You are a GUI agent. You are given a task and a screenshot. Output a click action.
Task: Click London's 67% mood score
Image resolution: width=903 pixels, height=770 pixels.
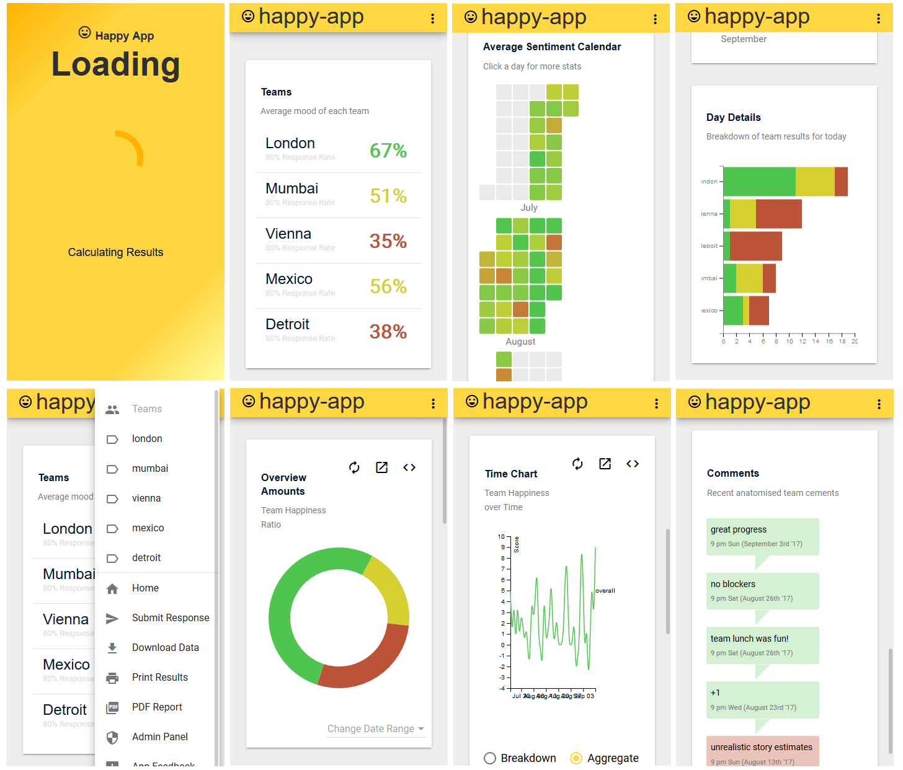[388, 151]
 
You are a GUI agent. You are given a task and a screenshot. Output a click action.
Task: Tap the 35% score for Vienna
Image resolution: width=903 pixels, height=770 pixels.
[388, 241]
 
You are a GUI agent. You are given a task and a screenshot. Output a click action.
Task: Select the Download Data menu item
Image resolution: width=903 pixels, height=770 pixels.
[165, 647]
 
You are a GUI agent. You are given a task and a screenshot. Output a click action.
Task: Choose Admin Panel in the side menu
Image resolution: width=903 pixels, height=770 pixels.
[159, 737]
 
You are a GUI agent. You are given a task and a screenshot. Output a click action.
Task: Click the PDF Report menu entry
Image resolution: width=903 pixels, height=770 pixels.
[157, 707]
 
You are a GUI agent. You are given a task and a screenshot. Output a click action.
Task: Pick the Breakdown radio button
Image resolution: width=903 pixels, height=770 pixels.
[490, 758]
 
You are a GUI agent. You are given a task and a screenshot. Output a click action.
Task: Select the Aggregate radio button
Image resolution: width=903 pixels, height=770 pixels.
[576, 758]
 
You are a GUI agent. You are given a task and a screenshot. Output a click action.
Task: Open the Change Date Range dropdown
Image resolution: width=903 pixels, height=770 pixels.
[375, 728]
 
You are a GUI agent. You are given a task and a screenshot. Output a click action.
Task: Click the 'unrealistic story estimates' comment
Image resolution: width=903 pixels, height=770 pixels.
[762, 751]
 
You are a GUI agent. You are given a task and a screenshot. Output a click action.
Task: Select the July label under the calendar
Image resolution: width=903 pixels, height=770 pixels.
[529, 208]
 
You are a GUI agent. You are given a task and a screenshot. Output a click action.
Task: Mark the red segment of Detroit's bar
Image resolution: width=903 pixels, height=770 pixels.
[756, 246]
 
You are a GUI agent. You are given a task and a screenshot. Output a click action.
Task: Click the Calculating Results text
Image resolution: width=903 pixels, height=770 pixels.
[115, 252]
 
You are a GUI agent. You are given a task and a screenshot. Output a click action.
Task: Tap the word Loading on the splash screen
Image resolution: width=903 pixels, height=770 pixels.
[115, 64]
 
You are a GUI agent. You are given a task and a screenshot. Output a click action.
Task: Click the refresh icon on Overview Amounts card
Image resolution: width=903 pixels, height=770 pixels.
[354, 467]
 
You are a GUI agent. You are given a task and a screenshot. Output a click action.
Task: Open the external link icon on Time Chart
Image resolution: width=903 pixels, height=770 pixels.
[605, 464]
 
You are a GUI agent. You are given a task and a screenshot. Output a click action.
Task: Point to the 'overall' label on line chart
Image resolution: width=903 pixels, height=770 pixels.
[605, 591]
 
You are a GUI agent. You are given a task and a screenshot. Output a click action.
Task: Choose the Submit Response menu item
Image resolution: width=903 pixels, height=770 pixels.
[170, 617]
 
